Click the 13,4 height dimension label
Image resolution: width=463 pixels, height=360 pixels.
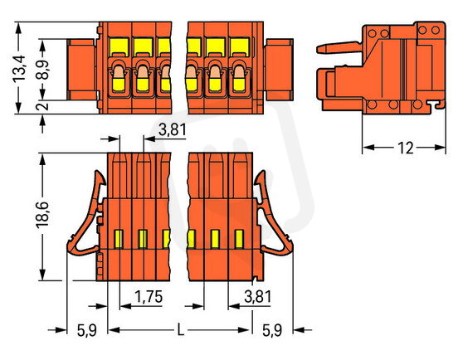(x=19, y=69)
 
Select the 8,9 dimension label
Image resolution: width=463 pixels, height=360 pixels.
(x=43, y=70)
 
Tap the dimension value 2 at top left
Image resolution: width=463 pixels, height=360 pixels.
(x=43, y=106)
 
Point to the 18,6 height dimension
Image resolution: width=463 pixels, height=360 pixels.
(x=42, y=215)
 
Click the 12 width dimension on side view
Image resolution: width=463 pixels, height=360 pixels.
(x=406, y=148)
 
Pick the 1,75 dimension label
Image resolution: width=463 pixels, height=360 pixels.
(x=149, y=297)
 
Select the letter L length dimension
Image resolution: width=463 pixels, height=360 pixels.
(x=180, y=330)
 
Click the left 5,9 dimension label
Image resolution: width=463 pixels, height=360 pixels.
(x=87, y=330)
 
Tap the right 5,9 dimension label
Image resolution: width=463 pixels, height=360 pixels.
(x=272, y=330)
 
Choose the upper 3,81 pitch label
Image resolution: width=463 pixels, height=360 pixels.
(x=173, y=130)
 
